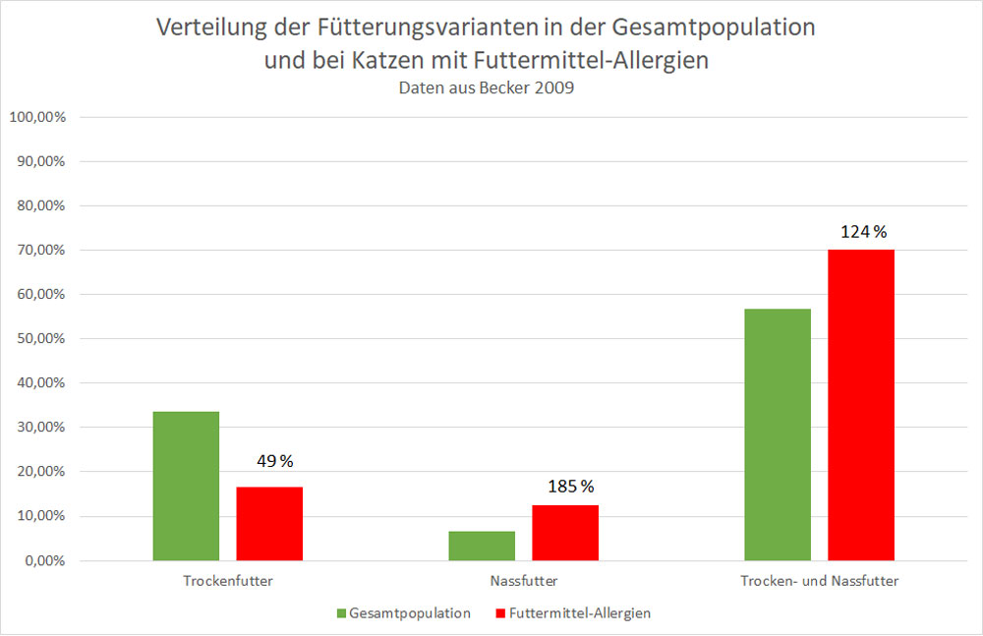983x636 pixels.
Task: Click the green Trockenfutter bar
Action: click(x=186, y=486)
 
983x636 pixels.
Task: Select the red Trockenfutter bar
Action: click(x=269, y=523)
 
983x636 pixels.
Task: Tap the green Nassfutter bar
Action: click(x=482, y=546)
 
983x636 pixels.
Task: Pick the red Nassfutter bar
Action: click(x=565, y=533)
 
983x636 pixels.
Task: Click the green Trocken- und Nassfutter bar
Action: click(x=778, y=434)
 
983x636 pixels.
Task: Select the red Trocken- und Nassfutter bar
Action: click(x=861, y=405)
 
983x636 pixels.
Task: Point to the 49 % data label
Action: click(x=274, y=461)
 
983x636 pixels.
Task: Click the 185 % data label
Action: click(x=571, y=486)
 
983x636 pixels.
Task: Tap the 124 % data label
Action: click(x=864, y=232)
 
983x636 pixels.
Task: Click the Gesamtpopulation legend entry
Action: click(x=404, y=613)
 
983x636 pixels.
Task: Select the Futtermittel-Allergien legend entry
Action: click(x=572, y=613)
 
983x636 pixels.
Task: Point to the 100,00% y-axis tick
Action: click(x=37, y=117)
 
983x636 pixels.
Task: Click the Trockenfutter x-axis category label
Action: click(x=228, y=581)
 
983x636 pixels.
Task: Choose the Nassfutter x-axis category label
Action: click(x=523, y=581)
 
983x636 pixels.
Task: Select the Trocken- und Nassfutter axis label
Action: click(x=819, y=581)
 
